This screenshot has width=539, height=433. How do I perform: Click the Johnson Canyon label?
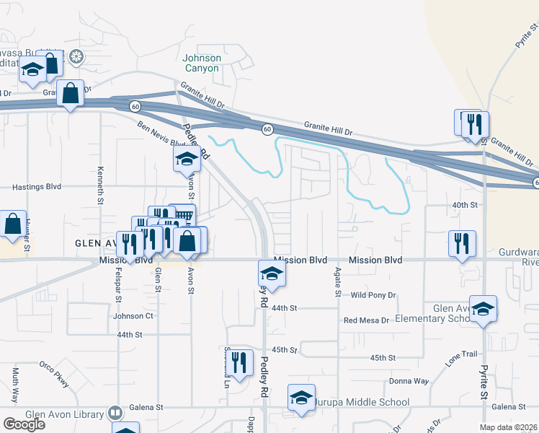click(x=202, y=64)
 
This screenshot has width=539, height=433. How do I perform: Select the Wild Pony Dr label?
click(x=373, y=295)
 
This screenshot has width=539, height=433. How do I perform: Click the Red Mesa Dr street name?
click(x=366, y=320)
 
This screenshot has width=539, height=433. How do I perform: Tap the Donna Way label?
click(x=409, y=381)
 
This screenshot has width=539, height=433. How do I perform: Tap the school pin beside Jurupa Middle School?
click(x=301, y=398)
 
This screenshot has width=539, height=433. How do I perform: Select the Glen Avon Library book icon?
click(x=115, y=413)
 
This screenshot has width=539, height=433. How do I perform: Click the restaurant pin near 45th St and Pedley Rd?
click(x=240, y=362)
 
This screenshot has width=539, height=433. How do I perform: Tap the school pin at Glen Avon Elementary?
click(x=483, y=308)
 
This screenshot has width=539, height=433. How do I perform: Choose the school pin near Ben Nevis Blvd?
click(x=187, y=159)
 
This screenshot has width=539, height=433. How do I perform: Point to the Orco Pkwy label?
click(x=54, y=375)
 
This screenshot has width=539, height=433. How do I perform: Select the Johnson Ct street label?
click(x=133, y=316)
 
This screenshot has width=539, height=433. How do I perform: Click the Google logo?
click(x=24, y=424)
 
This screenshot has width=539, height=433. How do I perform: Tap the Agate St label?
click(x=337, y=284)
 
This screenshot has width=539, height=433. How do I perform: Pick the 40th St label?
click(x=465, y=205)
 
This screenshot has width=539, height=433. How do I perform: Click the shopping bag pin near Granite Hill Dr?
click(x=70, y=94)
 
